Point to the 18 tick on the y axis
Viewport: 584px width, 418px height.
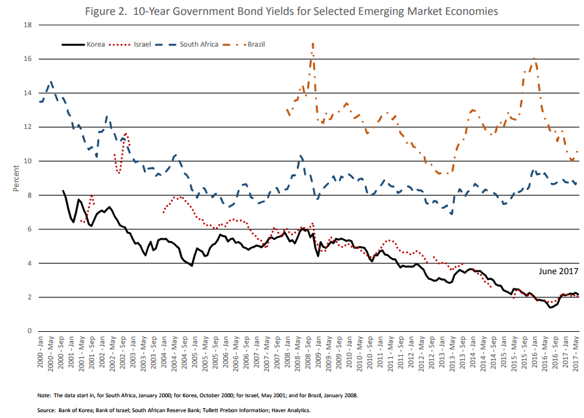coord(28,25)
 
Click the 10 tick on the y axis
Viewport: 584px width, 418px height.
coord(28,161)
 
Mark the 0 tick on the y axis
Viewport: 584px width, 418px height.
coord(30,331)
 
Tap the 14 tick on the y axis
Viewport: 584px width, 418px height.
coord(28,93)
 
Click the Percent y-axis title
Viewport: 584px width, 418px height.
coord(16,178)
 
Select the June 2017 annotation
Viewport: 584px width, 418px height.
coord(558,272)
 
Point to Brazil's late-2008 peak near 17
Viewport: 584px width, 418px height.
coord(313,44)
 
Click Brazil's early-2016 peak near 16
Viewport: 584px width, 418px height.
coord(534,58)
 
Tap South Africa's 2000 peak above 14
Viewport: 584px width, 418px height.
coord(51,82)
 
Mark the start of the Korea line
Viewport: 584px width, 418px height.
coord(63,191)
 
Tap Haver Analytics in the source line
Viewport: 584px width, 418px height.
coord(294,410)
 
